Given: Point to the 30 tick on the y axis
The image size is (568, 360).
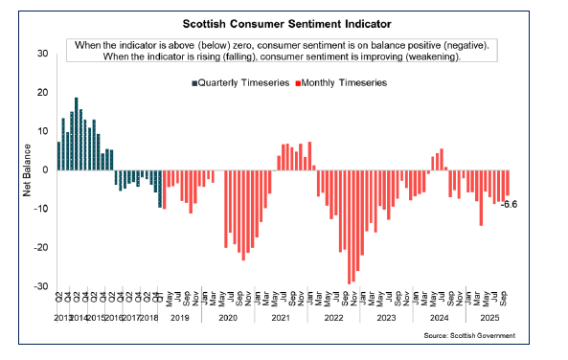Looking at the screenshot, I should pos(42,53).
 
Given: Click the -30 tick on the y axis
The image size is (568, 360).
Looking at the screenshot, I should pos(40,286).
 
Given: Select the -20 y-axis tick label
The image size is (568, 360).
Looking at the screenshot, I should pos(40,247).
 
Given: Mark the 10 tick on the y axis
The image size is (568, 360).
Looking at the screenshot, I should pos(42,130).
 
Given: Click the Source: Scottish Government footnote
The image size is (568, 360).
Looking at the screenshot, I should pos(469,336).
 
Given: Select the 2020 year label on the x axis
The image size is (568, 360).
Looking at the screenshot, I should pos(227,316).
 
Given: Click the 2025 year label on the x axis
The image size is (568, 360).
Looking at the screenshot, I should pos(488,316).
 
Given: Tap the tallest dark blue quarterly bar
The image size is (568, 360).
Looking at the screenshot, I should pos(77,134).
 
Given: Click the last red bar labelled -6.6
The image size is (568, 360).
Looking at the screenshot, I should pos(508,183).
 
